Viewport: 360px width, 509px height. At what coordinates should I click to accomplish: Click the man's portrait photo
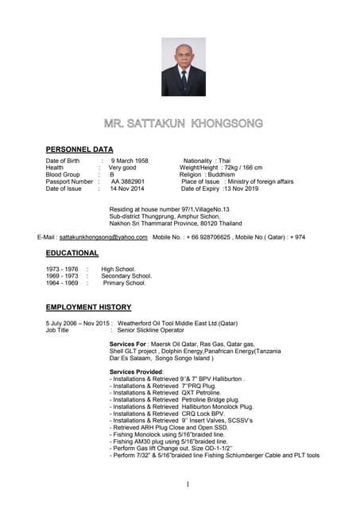[x=183, y=67]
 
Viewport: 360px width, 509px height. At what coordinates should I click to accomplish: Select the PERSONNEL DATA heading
[x=79, y=150]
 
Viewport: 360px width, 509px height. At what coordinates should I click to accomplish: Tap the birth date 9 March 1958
[x=130, y=161]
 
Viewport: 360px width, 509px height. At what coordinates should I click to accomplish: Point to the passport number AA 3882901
[x=127, y=182]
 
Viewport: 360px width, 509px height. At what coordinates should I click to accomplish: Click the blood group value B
[x=112, y=175]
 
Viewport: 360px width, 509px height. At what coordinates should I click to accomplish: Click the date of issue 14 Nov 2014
[x=126, y=189]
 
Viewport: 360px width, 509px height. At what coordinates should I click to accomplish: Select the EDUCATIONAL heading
[x=72, y=254]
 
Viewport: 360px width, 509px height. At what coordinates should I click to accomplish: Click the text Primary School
[x=125, y=283]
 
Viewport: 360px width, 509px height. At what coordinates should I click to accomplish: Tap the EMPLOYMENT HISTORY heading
[x=88, y=307]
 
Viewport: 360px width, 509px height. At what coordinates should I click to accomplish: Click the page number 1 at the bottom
[x=188, y=484]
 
